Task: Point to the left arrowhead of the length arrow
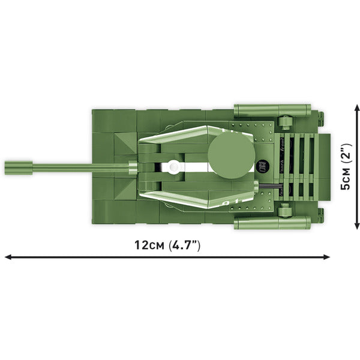click(7, 257)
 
